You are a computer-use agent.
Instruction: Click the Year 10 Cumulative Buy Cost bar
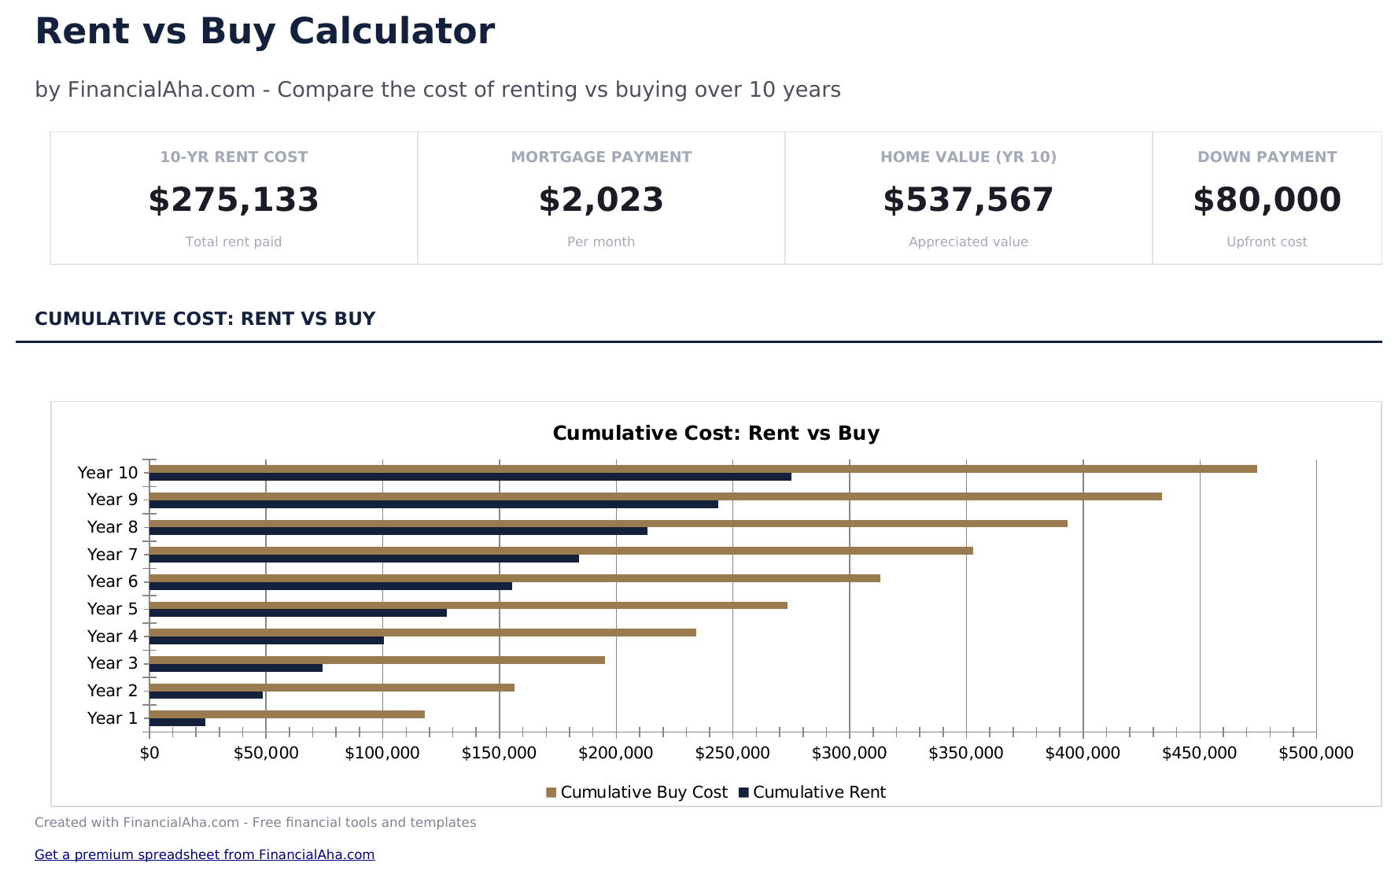coord(703,469)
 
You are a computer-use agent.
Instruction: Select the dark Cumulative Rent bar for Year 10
coord(470,477)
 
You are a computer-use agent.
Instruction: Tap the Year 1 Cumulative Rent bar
coord(177,722)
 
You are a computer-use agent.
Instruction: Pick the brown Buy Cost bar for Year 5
coord(468,605)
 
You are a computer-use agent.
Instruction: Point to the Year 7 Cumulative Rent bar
coord(363,559)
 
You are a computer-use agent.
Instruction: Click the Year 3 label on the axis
coord(113,663)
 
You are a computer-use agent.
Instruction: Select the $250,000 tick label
coord(732,753)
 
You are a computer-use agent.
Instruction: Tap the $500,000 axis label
coord(1315,753)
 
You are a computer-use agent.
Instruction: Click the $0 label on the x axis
coord(149,753)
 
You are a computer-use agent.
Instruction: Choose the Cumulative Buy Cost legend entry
coord(637,792)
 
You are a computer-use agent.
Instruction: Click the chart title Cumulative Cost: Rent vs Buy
coord(716,433)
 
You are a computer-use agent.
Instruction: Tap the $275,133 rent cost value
coord(234,200)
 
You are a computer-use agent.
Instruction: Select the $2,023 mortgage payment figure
coord(601,200)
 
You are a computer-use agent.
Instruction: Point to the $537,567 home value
coord(968,200)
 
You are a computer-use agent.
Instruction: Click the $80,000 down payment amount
coord(1267,200)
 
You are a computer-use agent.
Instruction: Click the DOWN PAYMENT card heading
coord(1267,157)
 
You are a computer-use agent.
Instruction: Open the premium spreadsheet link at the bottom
coord(205,854)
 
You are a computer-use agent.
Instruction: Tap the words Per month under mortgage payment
coord(601,242)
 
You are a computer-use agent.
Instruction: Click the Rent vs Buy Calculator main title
coord(265,31)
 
